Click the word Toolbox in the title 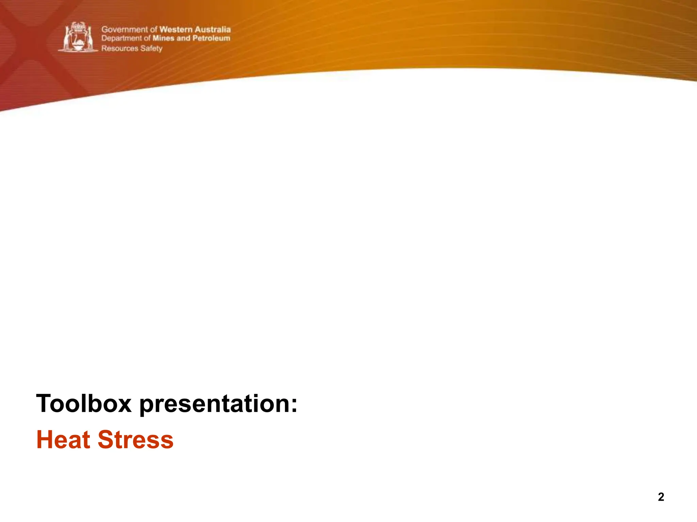84,403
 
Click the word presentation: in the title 218,404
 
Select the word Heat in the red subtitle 63,439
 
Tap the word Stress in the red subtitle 135,439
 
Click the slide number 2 661,497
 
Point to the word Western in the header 176,30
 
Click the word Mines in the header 163,38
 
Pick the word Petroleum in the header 211,38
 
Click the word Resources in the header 120,48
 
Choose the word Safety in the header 151,49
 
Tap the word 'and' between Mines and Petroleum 183,38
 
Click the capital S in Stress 106,439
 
